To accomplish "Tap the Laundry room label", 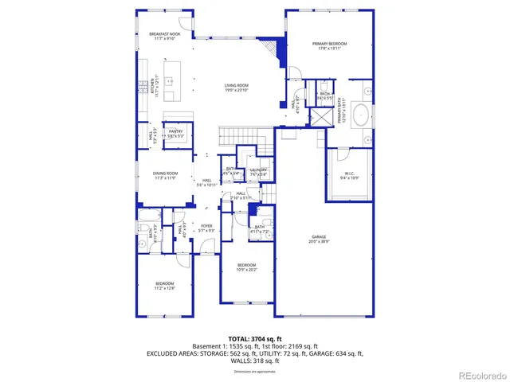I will click(x=257, y=170).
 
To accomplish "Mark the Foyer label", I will click(x=206, y=227).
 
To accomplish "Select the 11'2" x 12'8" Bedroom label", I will click(x=164, y=284).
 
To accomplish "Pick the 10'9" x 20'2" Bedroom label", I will click(x=246, y=267).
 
